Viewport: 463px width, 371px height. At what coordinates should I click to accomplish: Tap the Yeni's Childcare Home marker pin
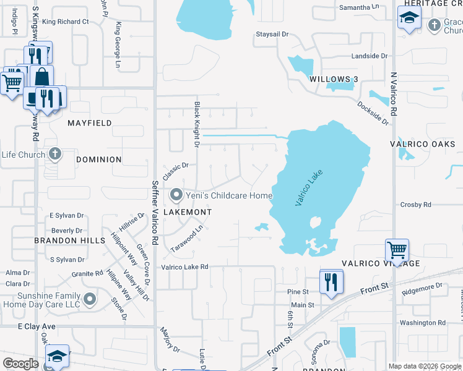coord(176,195)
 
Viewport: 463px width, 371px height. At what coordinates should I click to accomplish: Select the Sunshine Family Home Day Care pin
coord(90,300)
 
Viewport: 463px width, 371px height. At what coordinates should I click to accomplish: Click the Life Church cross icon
coord(55,154)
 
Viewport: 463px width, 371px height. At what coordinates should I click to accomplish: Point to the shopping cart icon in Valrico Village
coord(397,250)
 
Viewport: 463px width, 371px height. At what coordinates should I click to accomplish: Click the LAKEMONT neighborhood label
coord(188,212)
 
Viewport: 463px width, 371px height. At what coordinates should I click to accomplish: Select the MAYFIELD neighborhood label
coord(90,123)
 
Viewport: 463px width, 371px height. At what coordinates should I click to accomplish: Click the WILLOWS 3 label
coord(334,79)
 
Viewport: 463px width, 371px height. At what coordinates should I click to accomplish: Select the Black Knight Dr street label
coord(197,124)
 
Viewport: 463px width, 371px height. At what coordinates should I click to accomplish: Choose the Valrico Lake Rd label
coord(184,268)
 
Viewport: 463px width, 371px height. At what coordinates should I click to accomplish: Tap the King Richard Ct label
coord(65,22)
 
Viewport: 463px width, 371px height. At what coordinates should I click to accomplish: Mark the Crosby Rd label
coord(415,204)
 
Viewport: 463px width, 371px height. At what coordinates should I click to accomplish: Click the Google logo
coord(21,363)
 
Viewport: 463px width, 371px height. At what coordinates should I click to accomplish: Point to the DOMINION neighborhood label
coord(98,160)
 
